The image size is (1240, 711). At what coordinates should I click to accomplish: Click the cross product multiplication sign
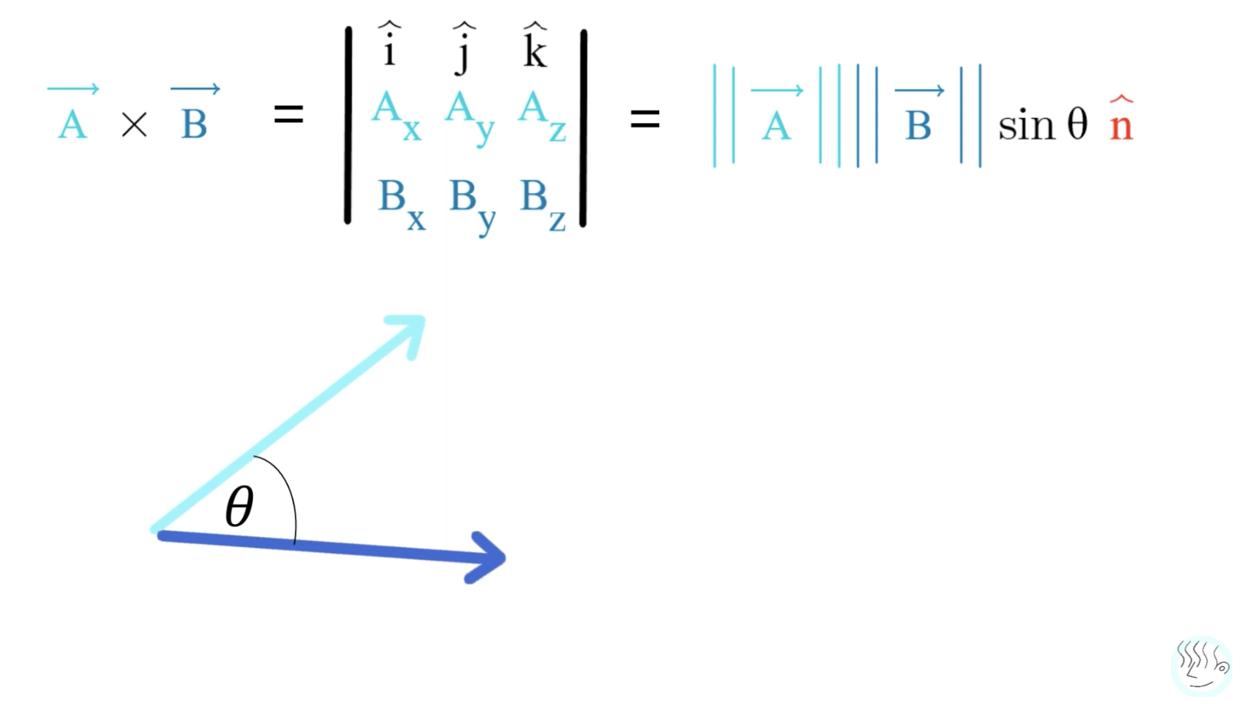coord(134,125)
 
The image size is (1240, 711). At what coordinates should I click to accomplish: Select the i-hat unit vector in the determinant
coord(389,46)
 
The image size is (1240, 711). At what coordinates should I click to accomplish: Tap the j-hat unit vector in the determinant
coord(463,48)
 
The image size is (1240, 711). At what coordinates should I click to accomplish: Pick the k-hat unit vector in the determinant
coord(534,47)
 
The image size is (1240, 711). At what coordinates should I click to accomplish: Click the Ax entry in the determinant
coord(395,115)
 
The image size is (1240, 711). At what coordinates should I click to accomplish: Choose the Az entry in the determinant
coord(541,116)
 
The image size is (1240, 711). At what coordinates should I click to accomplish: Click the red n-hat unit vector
coord(1120,121)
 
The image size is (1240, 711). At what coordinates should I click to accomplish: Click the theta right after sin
coord(1077,123)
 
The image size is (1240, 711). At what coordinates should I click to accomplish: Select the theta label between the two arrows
coord(239,506)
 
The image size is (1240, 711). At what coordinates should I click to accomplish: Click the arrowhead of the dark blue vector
coord(487,557)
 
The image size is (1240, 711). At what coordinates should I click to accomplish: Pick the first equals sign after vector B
coord(289,115)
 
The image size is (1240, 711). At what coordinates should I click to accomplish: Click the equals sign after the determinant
coord(645,119)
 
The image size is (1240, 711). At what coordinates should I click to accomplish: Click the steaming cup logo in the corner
coord(1201,664)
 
